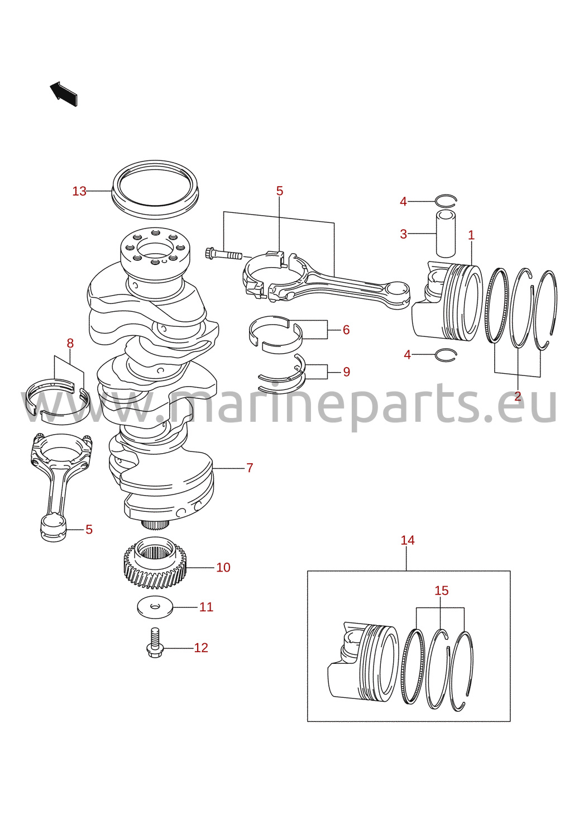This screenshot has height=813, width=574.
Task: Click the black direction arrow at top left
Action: [x=64, y=94]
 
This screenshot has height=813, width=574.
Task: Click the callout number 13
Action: [x=79, y=191]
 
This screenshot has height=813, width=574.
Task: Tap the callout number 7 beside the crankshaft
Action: [x=250, y=468]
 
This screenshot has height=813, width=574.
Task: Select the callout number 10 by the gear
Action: [x=223, y=567]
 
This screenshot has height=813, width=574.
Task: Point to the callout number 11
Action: [x=207, y=607]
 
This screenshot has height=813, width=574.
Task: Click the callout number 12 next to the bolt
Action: [x=201, y=648]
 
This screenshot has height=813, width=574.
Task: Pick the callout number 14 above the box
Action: [x=408, y=540]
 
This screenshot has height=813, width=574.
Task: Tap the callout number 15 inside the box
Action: [x=442, y=591]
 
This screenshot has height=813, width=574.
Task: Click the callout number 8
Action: [x=70, y=343]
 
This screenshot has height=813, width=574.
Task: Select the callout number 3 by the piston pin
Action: [x=403, y=234]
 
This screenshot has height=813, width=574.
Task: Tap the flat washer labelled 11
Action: [x=155, y=607]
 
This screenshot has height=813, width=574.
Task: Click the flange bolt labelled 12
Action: [x=155, y=644]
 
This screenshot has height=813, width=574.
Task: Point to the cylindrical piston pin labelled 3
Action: [x=446, y=234]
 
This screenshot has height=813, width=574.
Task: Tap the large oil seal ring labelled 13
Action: [x=155, y=189]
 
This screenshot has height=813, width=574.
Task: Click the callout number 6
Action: [x=346, y=330]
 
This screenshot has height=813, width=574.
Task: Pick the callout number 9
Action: [x=347, y=372]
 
